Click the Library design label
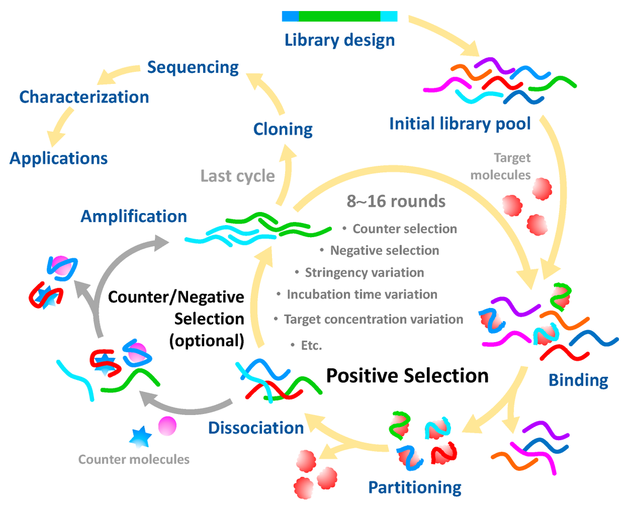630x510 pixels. [x=340, y=40]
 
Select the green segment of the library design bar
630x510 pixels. [x=339, y=16]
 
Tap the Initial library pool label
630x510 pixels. [x=460, y=124]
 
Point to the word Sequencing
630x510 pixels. [x=193, y=67]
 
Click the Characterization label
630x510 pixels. [x=84, y=97]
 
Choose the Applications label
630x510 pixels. [x=59, y=158]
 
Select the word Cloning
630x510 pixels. [x=283, y=129]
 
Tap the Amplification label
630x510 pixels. [x=134, y=216]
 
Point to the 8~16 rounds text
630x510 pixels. [x=396, y=201]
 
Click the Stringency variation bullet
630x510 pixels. [x=364, y=273]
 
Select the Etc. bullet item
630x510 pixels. [x=311, y=345]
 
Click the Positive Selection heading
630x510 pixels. [x=407, y=376]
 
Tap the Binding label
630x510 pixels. [x=579, y=380]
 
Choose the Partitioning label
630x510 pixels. [x=415, y=487]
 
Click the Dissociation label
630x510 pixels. [x=256, y=428]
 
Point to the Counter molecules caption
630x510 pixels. [x=134, y=460]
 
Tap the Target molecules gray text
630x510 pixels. [x=500, y=166]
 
